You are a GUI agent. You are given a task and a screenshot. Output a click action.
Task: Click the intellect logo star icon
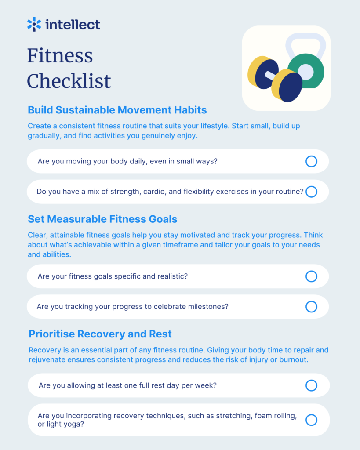pyautogui.click(x=34, y=24)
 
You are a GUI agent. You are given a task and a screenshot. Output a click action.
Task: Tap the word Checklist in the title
pyautogui.click(x=69, y=81)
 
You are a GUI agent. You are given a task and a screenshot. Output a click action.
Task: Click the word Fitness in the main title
pyautogui.click(x=60, y=55)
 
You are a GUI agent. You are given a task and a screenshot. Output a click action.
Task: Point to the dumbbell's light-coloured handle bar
pyautogui.click(x=271, y=76)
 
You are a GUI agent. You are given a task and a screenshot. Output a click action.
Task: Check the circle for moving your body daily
pyautogui.click(x=311, y=161)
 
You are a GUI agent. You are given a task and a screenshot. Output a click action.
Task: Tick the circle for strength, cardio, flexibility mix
pyautogui.click(x=311, y=192)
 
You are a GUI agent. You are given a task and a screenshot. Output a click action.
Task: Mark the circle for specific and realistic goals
pyautogui.click(x=311, y=276)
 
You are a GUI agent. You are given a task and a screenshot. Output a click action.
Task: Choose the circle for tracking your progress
pyautogui.click(x=311, y=307)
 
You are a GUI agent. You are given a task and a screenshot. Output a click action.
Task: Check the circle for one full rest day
pyautogui.click(x=311, y=385)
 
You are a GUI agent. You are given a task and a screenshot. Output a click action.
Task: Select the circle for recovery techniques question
pyautogui.click(x=311, y=420)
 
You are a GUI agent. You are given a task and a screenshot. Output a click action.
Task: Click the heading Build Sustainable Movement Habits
pyautogui.click(x=117, y=110)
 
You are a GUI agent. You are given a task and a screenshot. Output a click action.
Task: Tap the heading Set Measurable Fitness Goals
pyautogui.click(x=102, y=219)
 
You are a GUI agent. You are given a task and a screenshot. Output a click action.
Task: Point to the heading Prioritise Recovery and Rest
pyautogui.click(x=100, y=334)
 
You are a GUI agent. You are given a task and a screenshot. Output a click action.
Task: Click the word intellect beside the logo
pyautogui.click(x=73, y=25)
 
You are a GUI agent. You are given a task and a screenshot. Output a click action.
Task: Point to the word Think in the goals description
pyautogui.click(x=313, y=235)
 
